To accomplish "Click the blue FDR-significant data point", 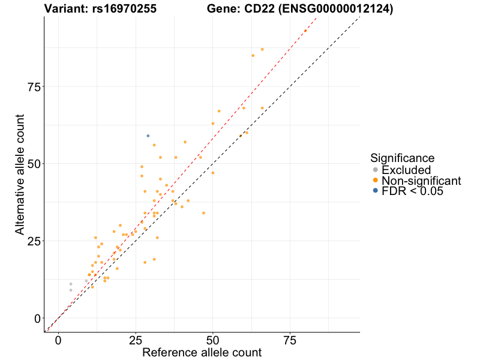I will tap(148, 136).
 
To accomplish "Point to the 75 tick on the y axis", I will tap(34, 86).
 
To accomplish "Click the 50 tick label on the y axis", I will tap(34, 164).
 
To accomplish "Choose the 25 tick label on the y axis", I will tap(34, 241).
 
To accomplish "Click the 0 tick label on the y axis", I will tap(37, 318).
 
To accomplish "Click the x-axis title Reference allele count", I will tap(202, 353).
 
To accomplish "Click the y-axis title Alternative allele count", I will tap(20, 175).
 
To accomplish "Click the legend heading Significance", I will tap(402, 158).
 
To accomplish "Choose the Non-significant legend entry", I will tap(421, 181).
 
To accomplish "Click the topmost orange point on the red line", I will tap(305, 31).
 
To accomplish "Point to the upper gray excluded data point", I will tap(71, 284).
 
